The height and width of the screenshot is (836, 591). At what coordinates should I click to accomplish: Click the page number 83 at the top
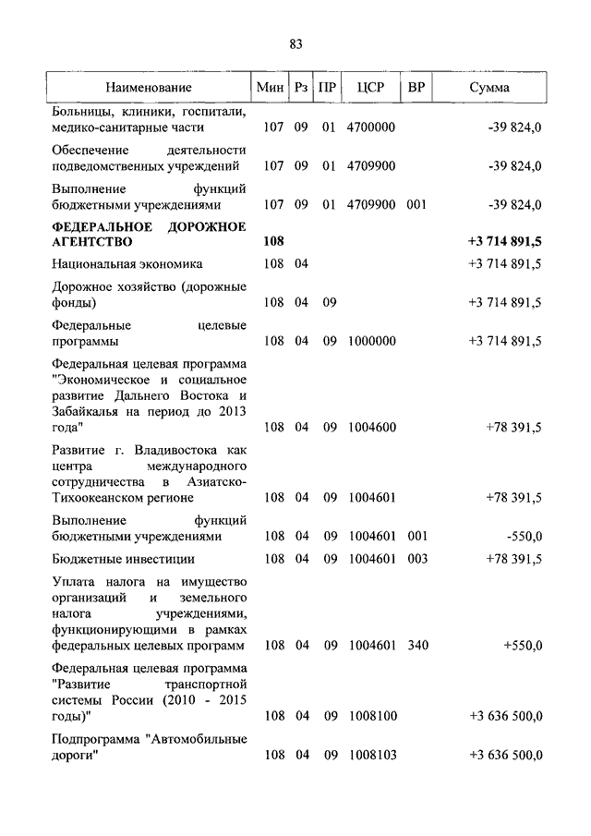point(295,44)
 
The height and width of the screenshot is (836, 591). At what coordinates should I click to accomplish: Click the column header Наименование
point(149,88)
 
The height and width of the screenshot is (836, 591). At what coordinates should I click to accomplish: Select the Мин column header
point(272,88)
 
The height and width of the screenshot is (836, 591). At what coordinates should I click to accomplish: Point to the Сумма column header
point(488,88)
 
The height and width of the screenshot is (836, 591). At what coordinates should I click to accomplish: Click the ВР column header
point(416,88)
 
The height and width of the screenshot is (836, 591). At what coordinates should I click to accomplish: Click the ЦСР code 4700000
point(371,127)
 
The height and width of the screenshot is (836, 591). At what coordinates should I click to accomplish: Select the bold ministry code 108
point(273,241)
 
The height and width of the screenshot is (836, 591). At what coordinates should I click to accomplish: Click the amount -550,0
point(524,536)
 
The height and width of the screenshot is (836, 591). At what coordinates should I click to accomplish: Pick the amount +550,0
point(523,646)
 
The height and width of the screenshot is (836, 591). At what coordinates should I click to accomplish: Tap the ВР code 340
point(417,646)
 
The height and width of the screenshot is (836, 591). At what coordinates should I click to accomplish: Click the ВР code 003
point(417,559)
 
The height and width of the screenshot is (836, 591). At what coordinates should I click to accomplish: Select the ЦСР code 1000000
point(371,341)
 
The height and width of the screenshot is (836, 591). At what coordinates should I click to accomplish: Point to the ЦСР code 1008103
point(371,756)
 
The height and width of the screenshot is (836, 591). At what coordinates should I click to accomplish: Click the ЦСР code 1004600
point(371,428)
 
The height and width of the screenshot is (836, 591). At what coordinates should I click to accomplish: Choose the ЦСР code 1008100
point(371,716)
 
